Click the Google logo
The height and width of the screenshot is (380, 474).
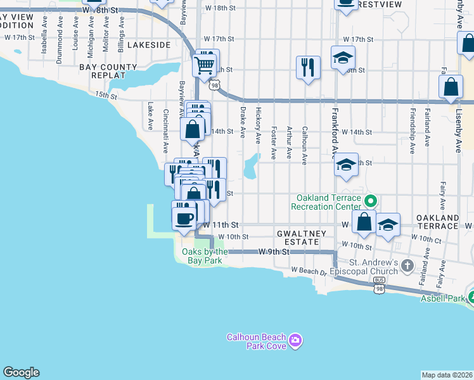click(21, 372)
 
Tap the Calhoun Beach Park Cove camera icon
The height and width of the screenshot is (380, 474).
click(295, 342)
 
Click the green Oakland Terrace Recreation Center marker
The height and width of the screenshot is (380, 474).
click(371, 202)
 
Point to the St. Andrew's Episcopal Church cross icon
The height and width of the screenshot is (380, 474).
click(406, 266)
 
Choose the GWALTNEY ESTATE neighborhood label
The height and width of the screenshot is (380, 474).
click(301, 238)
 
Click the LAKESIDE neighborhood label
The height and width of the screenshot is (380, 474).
click(149, 45)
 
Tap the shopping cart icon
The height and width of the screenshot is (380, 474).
click(204, 65)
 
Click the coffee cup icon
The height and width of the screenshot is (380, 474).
click(184, 218)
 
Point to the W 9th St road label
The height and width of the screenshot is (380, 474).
click(274, 251)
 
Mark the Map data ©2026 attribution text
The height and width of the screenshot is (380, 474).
click(446, 375)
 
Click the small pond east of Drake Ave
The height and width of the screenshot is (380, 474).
click(251, 165)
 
